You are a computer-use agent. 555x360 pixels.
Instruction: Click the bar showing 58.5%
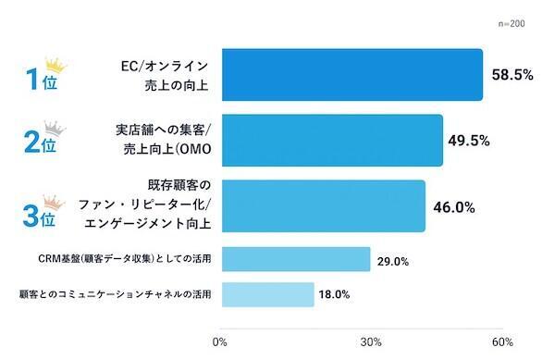click(x=352, y=74)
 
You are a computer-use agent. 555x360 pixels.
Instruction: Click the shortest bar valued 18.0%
click(x=268, y=294)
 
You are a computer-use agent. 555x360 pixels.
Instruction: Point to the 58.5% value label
click(x=512, y=75)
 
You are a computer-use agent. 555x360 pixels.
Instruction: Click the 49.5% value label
click(x=471, y=141)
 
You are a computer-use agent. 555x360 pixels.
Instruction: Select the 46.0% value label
click(x=453, y=206)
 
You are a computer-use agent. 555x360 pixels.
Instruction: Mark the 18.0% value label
click(x=335, y=294)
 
